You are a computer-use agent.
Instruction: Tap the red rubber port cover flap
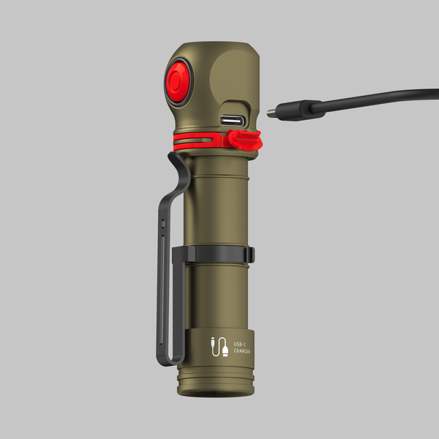[x=244, y=139]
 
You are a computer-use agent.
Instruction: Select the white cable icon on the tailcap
[x=219, y=346]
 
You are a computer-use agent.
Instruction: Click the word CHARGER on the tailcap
[x=242, y=350]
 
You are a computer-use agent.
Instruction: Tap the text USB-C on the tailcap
[x=239, y=343]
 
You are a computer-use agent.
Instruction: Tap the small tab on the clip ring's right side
[x=251, y=255]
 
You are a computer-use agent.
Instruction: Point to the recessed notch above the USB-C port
[x=233, y=105]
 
